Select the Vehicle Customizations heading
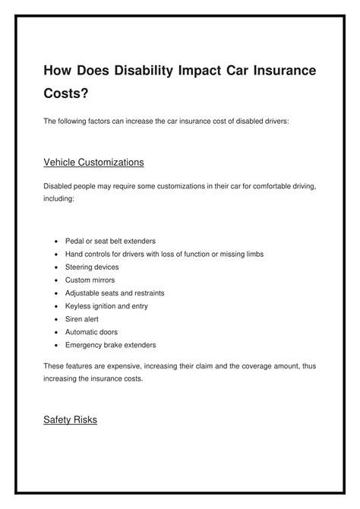[x=93, y=163]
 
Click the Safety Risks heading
[x=71, y=419]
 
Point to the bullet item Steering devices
[x=92, y=267]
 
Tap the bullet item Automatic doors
[x=92, y=331]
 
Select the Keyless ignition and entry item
[x=106, y=305]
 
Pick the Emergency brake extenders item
[x=111, y=344]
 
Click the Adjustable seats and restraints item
[x=115, y=292]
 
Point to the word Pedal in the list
[x=75, y=241]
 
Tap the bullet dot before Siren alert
[x=57, y=319]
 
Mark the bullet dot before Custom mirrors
[x=57, y=280]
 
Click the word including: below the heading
[x=59, y=198]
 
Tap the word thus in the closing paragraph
[x=307, y=366]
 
